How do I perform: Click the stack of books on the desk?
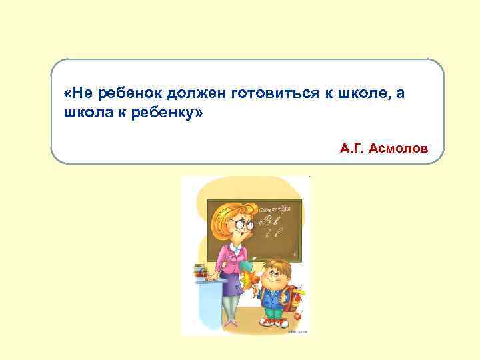[199, 271]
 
